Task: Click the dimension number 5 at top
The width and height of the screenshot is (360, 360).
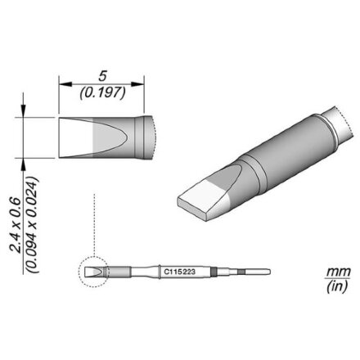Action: coord(102,76)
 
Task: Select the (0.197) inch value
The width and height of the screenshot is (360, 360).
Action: coord(103,93)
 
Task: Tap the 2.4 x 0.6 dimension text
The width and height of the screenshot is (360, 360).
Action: coord(16,225)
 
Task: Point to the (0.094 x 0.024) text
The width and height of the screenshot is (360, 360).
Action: coord(33,225)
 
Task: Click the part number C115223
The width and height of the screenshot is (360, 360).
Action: coord(179,272)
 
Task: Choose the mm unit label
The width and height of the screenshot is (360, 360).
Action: coord(338,272)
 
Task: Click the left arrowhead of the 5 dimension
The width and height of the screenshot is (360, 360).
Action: coord(65,84)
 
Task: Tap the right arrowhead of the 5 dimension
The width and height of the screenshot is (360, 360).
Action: coord(137,84)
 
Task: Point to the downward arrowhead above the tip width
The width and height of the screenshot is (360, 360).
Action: coord(23,111)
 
